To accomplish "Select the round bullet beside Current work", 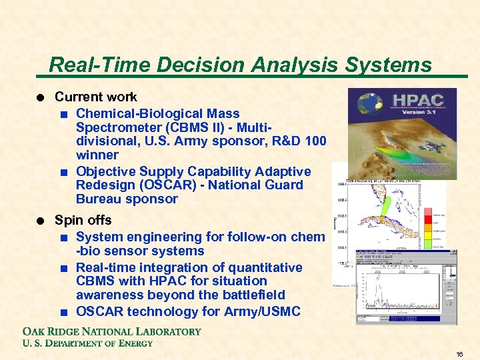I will click(x=41, y=97).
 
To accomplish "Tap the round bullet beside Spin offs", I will click(x=41, y=221).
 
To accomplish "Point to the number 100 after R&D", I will click(x=314, y=141).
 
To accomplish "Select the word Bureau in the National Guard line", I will click(x=99, y=199).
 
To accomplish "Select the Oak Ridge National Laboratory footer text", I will click(x=112, y=331).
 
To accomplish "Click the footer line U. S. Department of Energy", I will click(x=88, y=343).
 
